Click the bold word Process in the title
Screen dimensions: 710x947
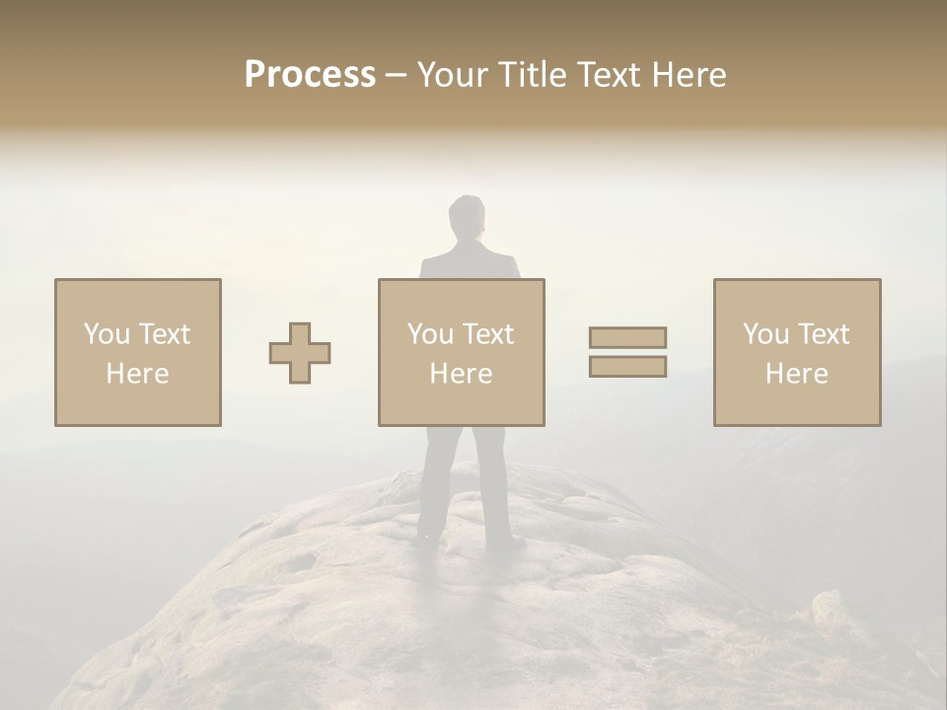310,75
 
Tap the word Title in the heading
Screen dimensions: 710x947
534,75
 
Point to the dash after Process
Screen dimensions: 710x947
396,76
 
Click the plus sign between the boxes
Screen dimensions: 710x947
300,353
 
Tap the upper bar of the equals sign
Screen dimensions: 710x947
627,337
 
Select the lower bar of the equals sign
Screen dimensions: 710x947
627,366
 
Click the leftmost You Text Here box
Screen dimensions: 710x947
138,352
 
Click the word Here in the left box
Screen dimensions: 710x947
138,374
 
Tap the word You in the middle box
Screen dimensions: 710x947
430,334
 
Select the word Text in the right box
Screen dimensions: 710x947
825,334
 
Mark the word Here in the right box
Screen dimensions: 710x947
797,374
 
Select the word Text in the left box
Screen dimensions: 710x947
166,334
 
